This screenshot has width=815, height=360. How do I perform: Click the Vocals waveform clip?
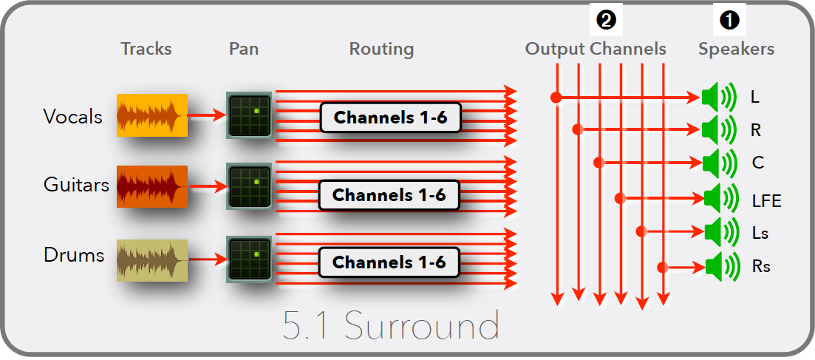[151, 115]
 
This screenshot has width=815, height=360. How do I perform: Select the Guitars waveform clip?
[151, 186]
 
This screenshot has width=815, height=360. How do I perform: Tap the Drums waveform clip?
[151, 259]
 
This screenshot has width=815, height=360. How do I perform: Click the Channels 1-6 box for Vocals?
[390, 118]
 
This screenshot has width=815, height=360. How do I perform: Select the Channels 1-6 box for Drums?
[389, 262]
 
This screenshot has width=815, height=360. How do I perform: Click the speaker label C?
[757, 163]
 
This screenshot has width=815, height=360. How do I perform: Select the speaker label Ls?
[760, 234]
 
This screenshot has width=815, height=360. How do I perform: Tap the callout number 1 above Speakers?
[729, 21]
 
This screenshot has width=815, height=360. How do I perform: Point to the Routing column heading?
[381, 50]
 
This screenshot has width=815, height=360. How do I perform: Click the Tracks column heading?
[146, 50]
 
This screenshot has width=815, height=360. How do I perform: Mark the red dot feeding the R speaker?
[578, 130]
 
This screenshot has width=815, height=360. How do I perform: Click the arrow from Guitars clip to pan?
[206, 186]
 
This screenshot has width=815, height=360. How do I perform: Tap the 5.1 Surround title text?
[391, 326]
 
